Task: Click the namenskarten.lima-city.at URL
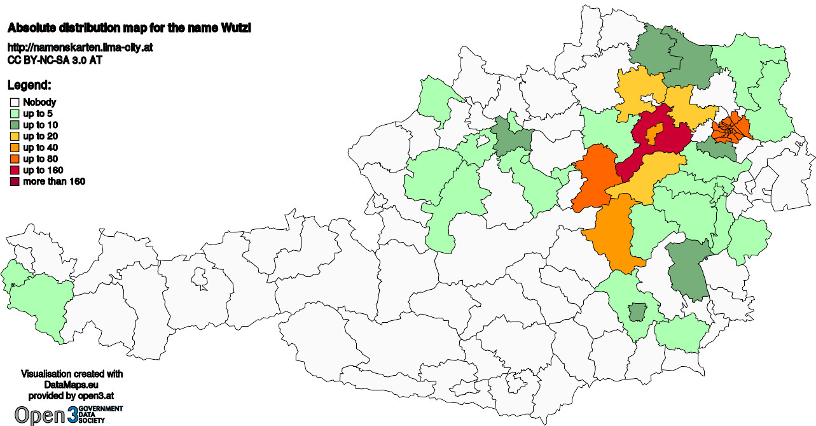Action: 80,48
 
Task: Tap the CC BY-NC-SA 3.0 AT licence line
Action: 55,60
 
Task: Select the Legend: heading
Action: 29,85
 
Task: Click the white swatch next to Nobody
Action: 14,102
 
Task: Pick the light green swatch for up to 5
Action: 14,113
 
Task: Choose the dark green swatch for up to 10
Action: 14,125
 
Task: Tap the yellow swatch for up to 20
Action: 14,136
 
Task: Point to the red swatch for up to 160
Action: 14,171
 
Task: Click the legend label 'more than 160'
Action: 54,182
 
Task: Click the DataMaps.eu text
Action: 72,385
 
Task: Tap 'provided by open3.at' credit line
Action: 72,395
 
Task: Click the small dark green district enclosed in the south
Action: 635,312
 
